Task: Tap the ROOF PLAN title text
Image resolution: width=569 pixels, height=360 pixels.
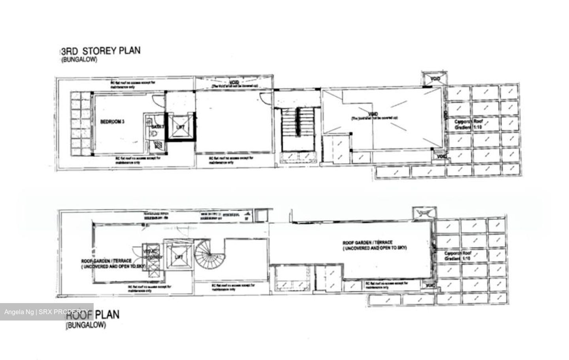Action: pyautogui.click(x=92, y=315)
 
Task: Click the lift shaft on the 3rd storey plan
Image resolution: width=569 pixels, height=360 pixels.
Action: pyautogui.click(x=180, y=127)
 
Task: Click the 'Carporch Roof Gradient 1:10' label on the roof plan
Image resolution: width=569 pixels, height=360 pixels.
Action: pyautogui.click(x=458, y=256)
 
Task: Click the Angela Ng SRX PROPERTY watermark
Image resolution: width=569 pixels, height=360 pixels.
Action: pyautogui.click(x=46, y=312)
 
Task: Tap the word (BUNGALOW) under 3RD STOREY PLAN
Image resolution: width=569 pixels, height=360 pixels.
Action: pyautogui.click(x=79, y=60)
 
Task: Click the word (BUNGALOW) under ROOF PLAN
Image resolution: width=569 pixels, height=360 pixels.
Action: pyautogui.click(x=86, y=326)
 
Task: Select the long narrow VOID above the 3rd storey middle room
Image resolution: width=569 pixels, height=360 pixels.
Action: pyautogui.click(x=234, y=83)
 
